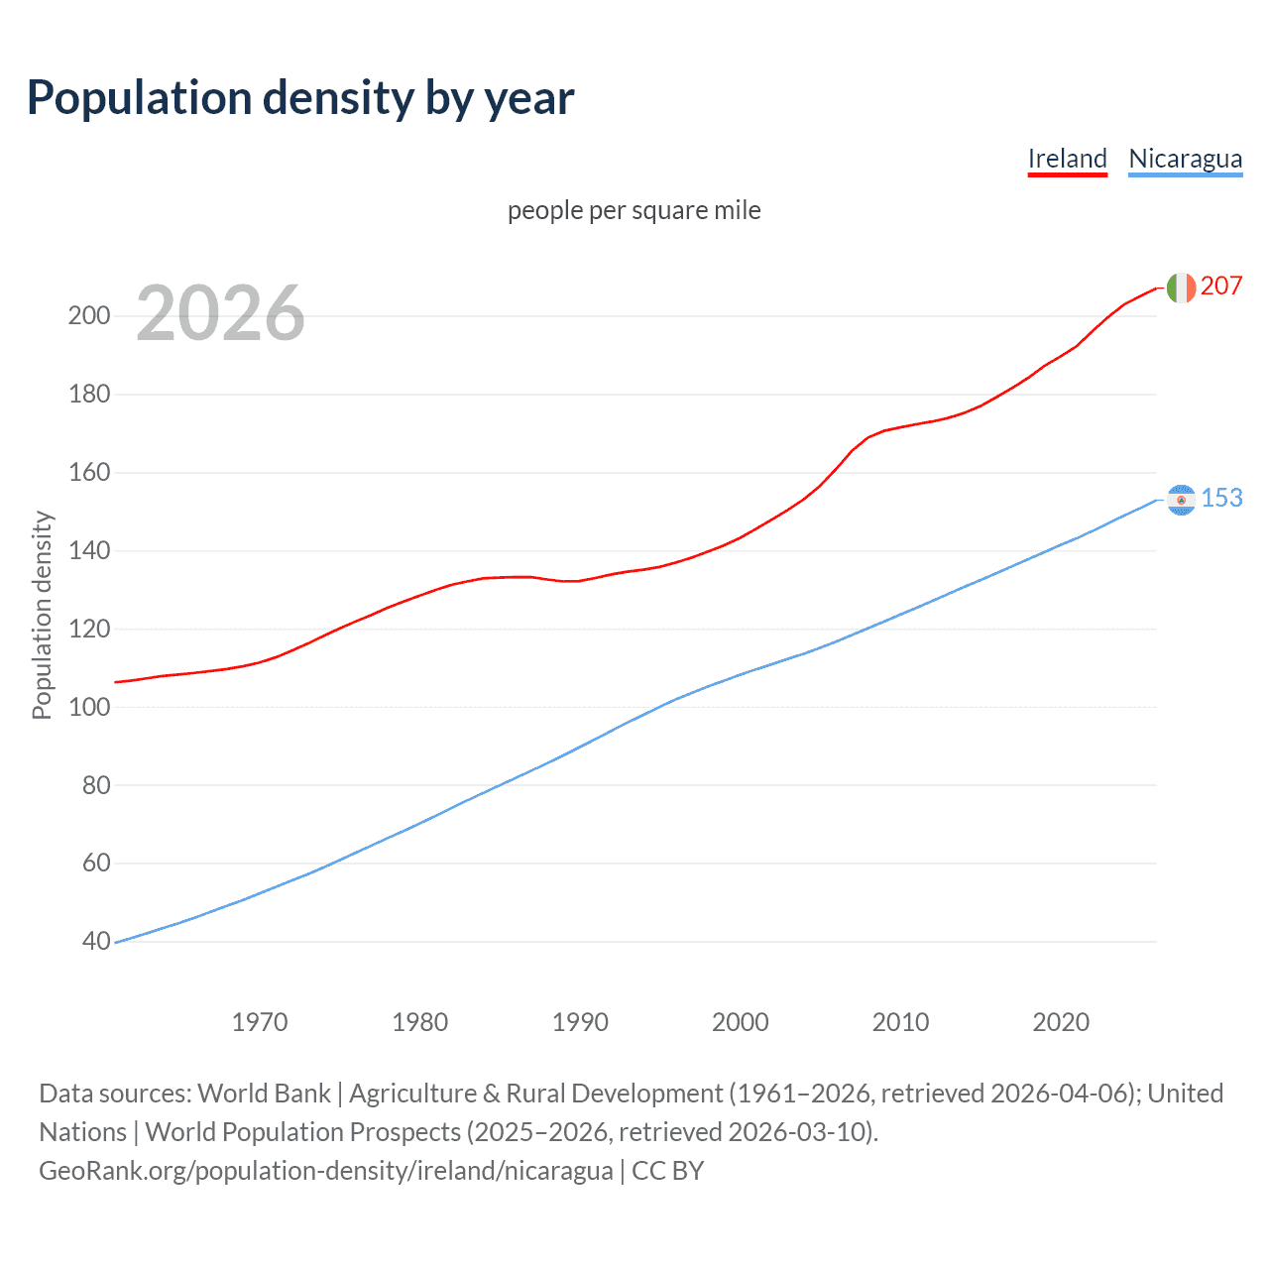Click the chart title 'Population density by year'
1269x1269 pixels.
click(300, 98)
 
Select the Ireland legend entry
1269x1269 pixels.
click(1067, 159)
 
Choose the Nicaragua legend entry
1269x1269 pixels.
click(1185, 159)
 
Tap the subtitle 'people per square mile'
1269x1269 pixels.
click(634, 210)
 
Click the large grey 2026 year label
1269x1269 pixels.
click(220, 313)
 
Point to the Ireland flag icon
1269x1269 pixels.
click(1181, 288)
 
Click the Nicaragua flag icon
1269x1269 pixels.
click(1181, 500)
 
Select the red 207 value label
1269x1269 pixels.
click(1220, 287)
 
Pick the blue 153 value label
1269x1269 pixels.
click(1221, 498)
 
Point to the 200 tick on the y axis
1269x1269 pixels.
click(88, 316)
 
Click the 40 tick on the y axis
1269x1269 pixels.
click(96, 941)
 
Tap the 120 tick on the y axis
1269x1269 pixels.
click(88, 629)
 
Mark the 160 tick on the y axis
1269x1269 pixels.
click(88, 472)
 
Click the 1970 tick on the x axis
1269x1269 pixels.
click(260, 1022)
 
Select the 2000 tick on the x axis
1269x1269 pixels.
click(740, 1022)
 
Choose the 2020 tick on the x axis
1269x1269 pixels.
click(1061, 1022)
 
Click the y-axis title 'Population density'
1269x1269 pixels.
click(42, 615)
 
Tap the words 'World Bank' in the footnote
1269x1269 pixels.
click(264, 1094)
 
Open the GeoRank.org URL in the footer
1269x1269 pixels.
click(325, 1171)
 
